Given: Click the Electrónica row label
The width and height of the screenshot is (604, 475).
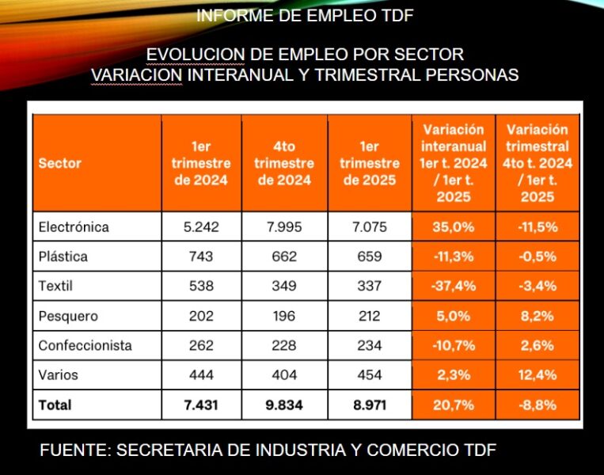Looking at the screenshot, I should tap(74, 227).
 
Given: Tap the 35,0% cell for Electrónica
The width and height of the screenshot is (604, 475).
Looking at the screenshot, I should tap(454, 227).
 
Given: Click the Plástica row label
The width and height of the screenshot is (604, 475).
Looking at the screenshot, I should tap(63, 256).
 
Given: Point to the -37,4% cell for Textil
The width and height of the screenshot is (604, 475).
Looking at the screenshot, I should tap(454, 286).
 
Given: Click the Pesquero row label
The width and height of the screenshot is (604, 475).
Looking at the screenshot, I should tap(68, 316).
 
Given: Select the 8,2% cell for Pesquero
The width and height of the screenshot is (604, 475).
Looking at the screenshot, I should tap(538, 316).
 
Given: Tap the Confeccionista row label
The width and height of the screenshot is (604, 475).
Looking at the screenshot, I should tap(85, 345).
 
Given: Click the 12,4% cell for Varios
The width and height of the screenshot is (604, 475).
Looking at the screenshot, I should tap(538, 374).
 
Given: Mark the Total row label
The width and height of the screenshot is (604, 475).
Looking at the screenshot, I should tap(55, 405).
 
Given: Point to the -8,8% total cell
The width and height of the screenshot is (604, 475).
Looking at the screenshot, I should tap(538, 405).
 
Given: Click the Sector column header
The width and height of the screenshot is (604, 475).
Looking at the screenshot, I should tap(60, 164).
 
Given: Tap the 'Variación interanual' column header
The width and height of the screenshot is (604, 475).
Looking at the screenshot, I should tap(454, 163).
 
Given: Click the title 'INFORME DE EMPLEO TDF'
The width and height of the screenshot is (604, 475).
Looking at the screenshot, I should tap(305, 15).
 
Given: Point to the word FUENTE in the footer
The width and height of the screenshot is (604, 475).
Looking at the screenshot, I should tap(72, 450).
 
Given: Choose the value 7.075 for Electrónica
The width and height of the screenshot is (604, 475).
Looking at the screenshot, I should tap(368, 227).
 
